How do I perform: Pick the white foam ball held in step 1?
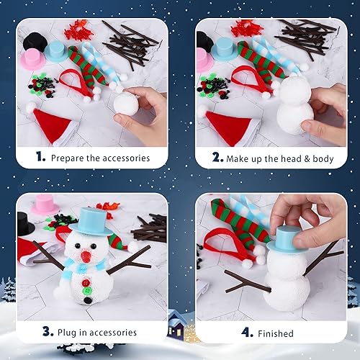tap(127, 105)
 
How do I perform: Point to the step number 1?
tap(41, 157)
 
